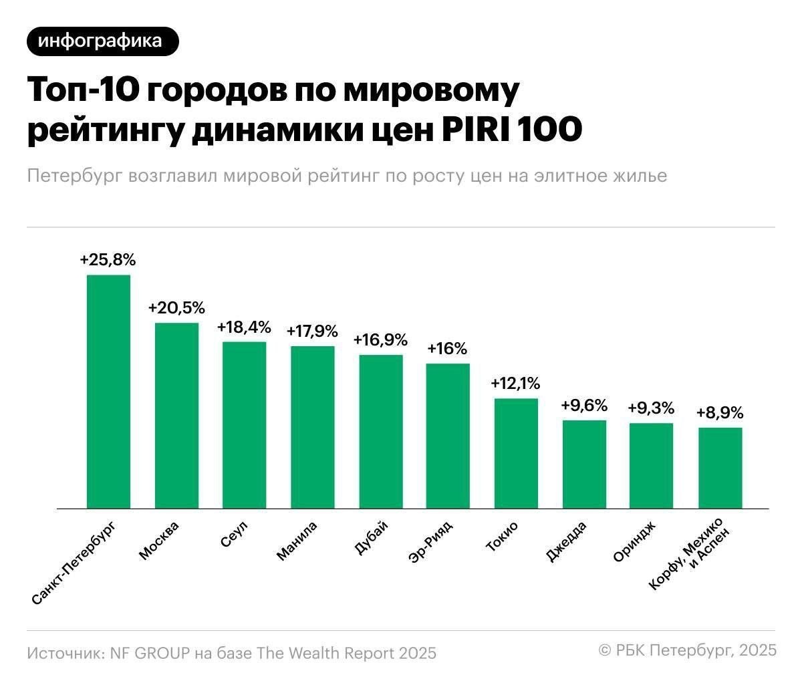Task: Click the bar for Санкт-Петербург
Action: [x=108, y=392]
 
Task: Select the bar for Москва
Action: [x=176, y=416]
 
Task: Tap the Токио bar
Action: [x=516, y=453]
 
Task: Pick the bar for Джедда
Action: [x=584, y=464]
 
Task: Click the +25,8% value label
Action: [x=108, y=260]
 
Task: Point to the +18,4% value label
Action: [x=244, y=327]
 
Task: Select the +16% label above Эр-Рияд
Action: [x=447, y=349]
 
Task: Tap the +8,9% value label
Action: [x=720, y=413]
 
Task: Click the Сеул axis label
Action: [x=235, y=535]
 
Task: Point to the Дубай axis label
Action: [x=369, y=539]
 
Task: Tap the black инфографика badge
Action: [x=103, y=41]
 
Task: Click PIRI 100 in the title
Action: [x=511, y=130]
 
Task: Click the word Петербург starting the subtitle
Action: [x=74, y=176]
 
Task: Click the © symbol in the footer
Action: [x=605, y=650]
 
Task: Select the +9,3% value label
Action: [x=651, y=408]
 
